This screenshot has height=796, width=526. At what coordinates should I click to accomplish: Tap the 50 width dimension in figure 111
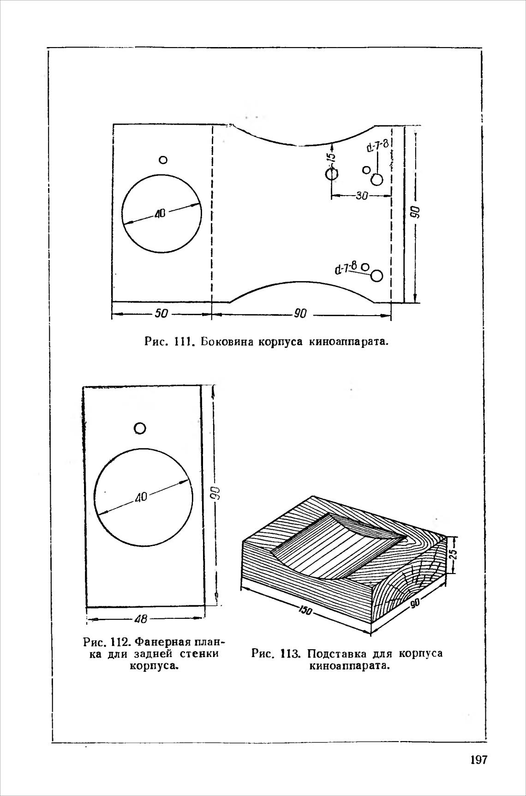point(161,314)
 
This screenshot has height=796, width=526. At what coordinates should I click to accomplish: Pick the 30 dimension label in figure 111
point(362,196)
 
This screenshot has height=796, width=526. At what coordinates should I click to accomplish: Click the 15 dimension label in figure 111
point(331,157)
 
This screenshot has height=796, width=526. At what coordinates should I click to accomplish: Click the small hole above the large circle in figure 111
point(162,160)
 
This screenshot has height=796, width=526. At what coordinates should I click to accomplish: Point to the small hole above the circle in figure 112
point(140,428)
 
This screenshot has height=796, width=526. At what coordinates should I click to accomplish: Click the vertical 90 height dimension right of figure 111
point(415,212)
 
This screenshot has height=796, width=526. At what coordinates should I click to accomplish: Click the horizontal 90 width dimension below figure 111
point(300,314)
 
